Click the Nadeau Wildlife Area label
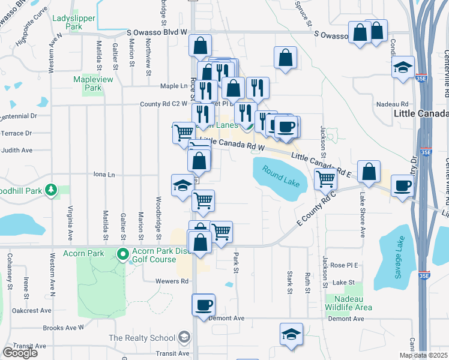point(345,303)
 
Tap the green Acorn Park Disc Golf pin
point(123,254)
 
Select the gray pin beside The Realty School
point(182,338)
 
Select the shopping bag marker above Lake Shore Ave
point(369,170)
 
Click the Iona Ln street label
point(104,175)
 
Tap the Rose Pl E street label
point(344,265)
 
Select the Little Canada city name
point(421,113)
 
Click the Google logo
point(20,353)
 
